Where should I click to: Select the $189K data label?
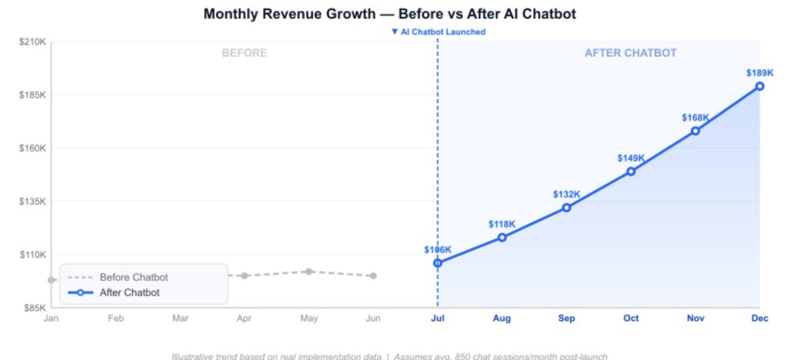760,73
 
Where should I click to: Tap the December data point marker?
760,86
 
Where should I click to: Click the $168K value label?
695,118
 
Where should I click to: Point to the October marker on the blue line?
631,172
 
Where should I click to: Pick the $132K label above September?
566,195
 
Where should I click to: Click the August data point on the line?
502,237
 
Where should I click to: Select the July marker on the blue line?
438,263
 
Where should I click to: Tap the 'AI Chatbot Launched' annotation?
439,32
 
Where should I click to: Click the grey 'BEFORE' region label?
244,53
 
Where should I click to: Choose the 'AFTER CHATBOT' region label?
630,53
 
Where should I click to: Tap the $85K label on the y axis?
32,308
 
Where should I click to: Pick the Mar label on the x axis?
180,318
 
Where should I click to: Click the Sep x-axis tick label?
566,318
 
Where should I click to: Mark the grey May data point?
309,272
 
